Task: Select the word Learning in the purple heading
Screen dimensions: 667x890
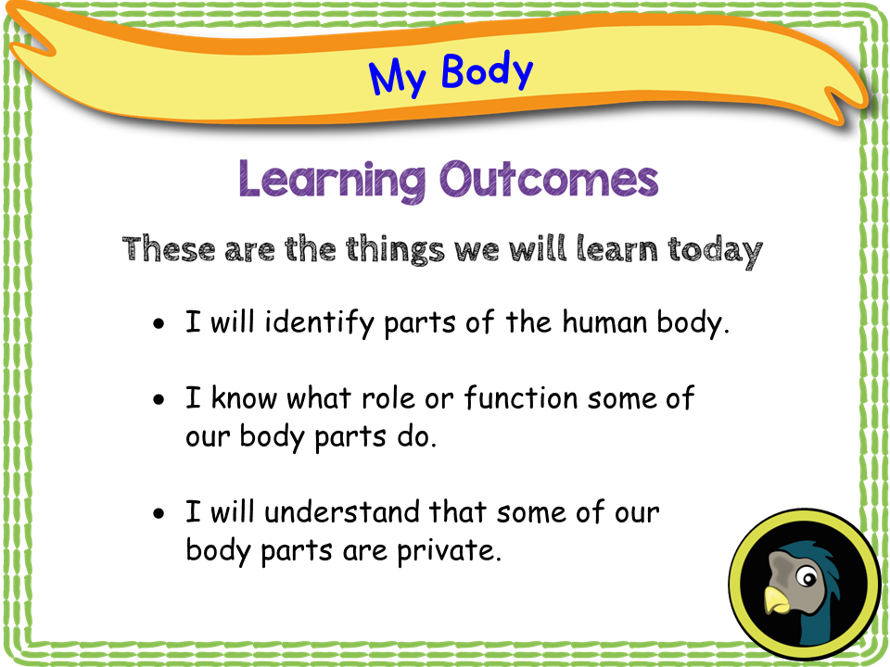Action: (332, 179)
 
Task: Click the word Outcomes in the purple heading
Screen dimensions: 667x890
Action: (549, 179)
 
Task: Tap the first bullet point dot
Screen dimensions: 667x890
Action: (161, 325)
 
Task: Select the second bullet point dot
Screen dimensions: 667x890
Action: (161, 400)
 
